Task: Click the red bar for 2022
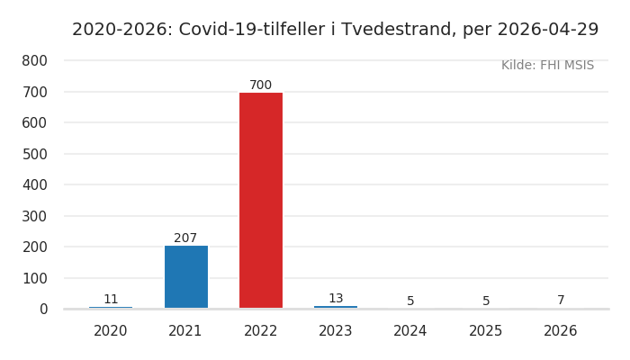coord(261,200)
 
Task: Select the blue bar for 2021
coord(186,277)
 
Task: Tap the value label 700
coord(261,85)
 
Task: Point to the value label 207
coord(185,238)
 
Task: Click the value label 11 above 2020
coord(111,300)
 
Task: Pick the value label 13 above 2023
coord(336,299)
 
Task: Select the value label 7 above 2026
coord(561,301)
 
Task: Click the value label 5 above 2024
coord(410,301)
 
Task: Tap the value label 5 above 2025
coord(486,301)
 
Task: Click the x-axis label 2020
coord(111,331)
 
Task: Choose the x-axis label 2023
coord(336,331)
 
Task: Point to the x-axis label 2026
coord(561,331)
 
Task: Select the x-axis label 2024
coord(410,331)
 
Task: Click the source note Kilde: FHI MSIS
coord(547,66)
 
